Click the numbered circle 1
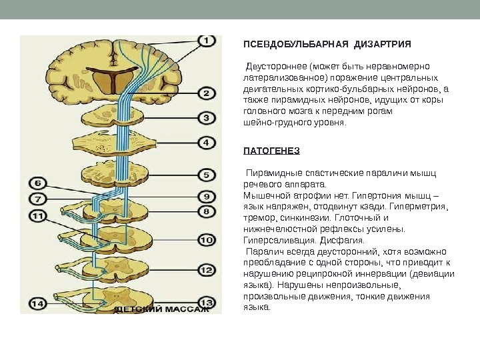tap(206, 41)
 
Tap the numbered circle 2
tap(207, 93)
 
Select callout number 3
tap(207, 119)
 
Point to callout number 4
tap(207, 143)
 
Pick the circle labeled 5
tap(207, 175)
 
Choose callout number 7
tap(38, 199)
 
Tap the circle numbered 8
tap(207, 211)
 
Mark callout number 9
tap(207, 197)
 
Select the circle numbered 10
tap(207, 239)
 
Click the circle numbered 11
tap(38, 215)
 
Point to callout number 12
tap(207, 271)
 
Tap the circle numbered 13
tap(207, 301)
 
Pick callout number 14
tap(38, 304)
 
